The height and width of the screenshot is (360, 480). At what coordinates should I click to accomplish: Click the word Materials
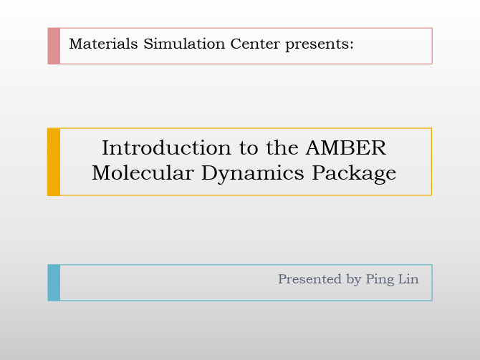tap(103, 44)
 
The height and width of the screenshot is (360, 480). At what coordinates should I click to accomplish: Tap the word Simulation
tap(184, 44)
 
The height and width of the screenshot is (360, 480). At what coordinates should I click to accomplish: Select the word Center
tap(255, 44)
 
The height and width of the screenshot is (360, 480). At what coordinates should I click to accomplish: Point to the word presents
tap(317, 45)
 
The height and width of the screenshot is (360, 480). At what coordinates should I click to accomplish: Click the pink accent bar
tap(54, 46)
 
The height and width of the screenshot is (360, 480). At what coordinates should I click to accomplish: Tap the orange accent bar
tap(54, 162)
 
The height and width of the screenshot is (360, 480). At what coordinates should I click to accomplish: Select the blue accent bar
tap(54, 283)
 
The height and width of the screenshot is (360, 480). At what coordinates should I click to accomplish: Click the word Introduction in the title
tap(166, 147)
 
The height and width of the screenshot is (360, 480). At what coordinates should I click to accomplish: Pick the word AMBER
tap(346, 148)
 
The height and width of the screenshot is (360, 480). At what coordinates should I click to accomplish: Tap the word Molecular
tap(143, 173)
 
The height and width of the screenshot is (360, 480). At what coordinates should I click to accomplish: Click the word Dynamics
tap(253, 175)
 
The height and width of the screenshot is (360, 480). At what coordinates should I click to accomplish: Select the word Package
tap(354, 175)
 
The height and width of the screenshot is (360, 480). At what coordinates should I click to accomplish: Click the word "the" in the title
tap(282, 147)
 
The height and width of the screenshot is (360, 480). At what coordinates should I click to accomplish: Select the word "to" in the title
tap(249, 149)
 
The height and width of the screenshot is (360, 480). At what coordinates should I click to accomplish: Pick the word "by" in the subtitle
tap(354, 280)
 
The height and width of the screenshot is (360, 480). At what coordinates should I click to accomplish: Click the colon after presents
tap(352, 45)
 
